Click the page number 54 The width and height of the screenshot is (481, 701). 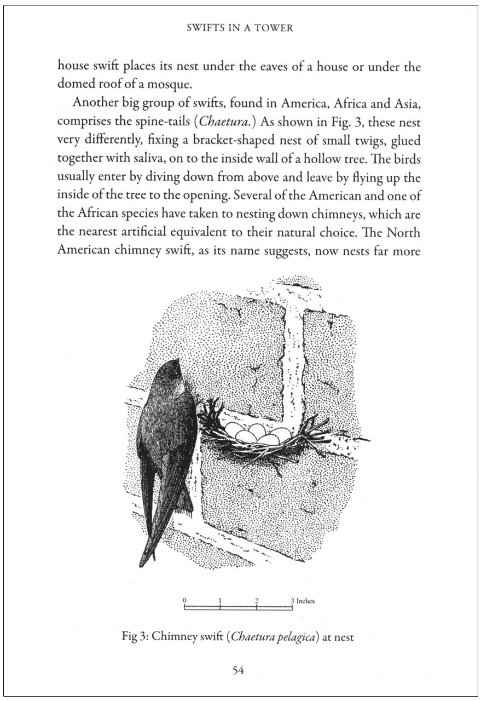(238, 670)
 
